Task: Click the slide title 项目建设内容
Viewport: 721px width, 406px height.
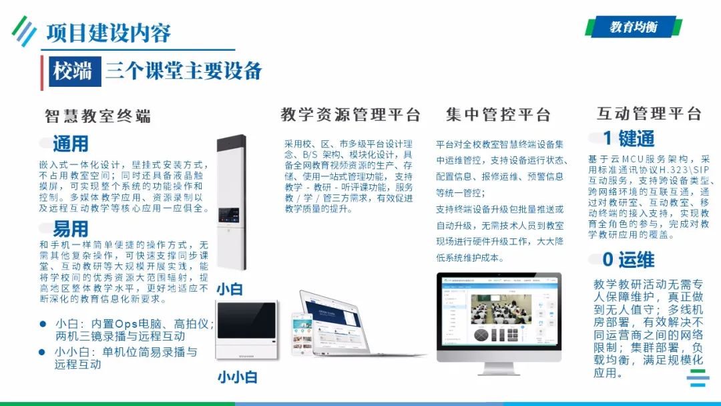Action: (x=108, y=33)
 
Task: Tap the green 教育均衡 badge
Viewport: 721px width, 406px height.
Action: (x=633, y=27)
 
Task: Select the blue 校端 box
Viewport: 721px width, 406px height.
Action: (x=73, y=71)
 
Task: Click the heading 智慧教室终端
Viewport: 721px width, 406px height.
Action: (x=97, y=116)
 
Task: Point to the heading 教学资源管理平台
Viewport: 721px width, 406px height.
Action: (x=350, y=114)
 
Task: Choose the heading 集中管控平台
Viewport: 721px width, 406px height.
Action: (x=498, y=115)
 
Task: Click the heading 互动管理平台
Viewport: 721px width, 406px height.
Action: (x=649, y=114)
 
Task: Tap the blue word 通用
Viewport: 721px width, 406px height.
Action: (x=70, y=144)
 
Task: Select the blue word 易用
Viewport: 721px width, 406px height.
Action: (x=70, y=230)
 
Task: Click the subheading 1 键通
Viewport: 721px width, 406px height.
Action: (x=628, y=138)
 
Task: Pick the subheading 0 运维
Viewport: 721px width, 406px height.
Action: (x=628, y=260)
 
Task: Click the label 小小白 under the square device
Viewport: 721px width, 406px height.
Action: (x=237, y=377)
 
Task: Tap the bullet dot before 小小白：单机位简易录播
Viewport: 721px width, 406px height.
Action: (x=42, y=352)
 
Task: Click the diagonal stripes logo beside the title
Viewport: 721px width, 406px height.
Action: (x=25, y=31)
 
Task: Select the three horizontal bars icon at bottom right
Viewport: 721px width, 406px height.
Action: (x=698, y=379)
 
